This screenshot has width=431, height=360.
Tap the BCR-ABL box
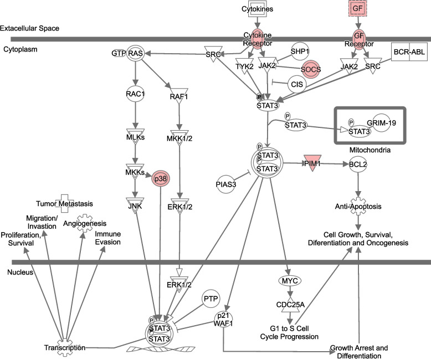(x=409, y=53)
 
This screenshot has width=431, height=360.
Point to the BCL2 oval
(x=358, y=164)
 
